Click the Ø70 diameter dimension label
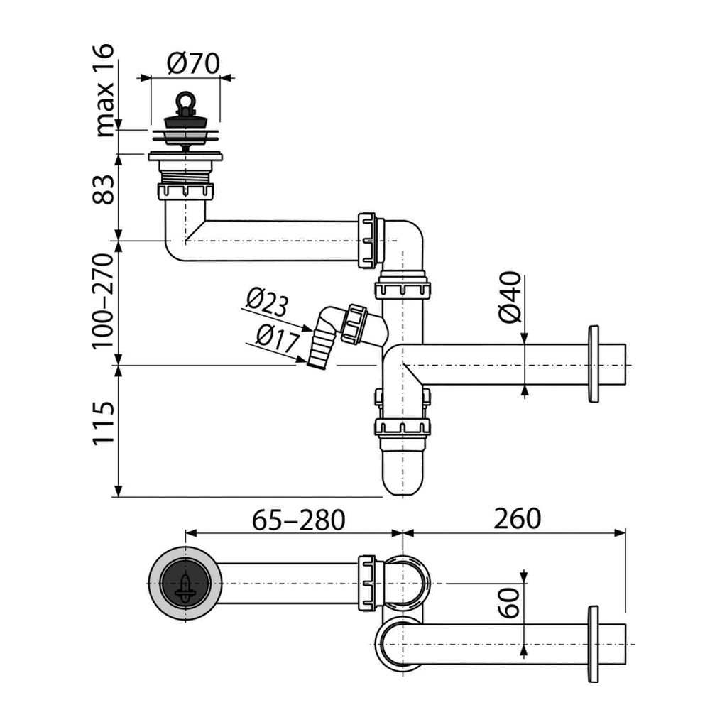click(x=194, y=65)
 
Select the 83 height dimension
click(x=104, y=190)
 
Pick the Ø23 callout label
click(x=267, y=303)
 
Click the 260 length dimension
click(x=516, y=519)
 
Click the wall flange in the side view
click(x=594, y=364)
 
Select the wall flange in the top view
click(x=594, y=643)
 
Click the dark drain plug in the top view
click(x=185, y=583)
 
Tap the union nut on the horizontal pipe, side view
click(x=368, y=240)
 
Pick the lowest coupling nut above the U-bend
click(x=403, y=427)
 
